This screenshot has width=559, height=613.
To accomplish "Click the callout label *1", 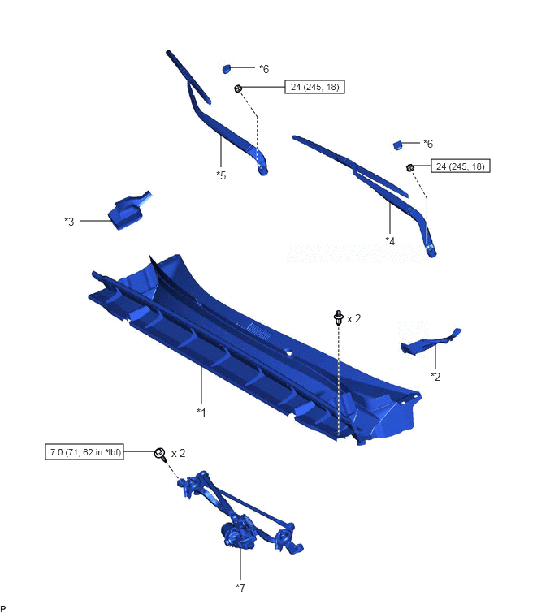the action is click(x=201, y=412).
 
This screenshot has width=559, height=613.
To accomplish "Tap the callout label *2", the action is click(x=435, y=377).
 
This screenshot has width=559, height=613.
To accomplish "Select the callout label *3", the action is click(x=69, y=222).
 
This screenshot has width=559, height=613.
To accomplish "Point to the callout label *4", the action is click(x=390, y=241).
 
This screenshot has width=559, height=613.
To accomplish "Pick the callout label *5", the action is click(x=221, y=175).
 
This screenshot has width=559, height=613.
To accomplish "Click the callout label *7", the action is click(x=240, y=587).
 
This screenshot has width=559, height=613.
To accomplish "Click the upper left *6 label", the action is click(x=264, y=69).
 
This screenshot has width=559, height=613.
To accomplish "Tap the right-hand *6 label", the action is click(x=428, y=144).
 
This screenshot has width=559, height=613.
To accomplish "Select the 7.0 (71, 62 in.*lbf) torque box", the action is click(x=84, y=452).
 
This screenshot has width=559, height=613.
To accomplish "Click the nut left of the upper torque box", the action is click(x=238, y=88).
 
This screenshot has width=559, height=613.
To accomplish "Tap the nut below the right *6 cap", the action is click(x=410, y=168).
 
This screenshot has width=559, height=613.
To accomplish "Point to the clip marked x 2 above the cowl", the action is click(x=339, y=317).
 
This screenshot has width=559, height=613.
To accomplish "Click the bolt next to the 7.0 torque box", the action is click(x=160, y=455).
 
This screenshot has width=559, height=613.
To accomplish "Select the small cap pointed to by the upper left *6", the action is click(x=227, y=69).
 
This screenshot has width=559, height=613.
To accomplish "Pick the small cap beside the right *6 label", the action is click(x=397, y=145).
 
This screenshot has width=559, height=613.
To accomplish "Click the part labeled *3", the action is click(x=127, y=211).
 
